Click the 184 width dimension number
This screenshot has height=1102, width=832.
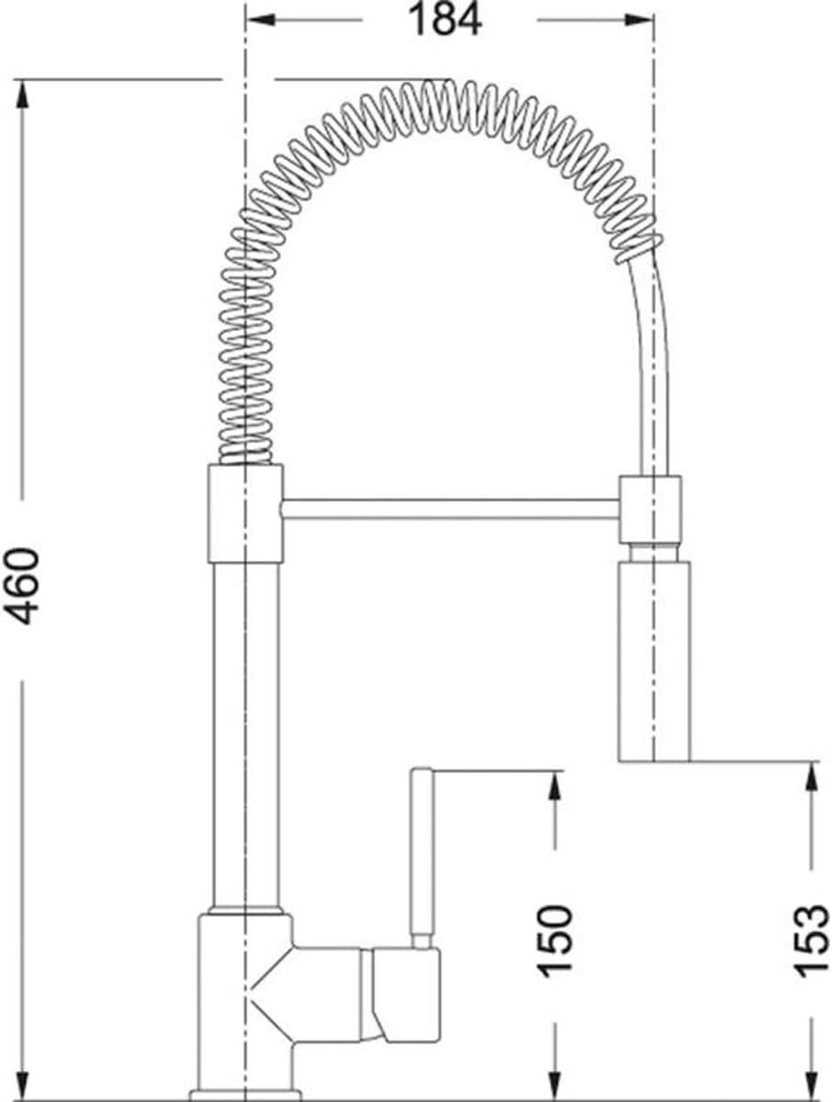(444, 20)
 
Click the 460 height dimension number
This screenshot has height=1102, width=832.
(21, 587)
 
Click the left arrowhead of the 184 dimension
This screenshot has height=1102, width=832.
(262, 20)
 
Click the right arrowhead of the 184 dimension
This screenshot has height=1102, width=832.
(639, 20)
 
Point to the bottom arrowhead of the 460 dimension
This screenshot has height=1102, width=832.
(22, 1083)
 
